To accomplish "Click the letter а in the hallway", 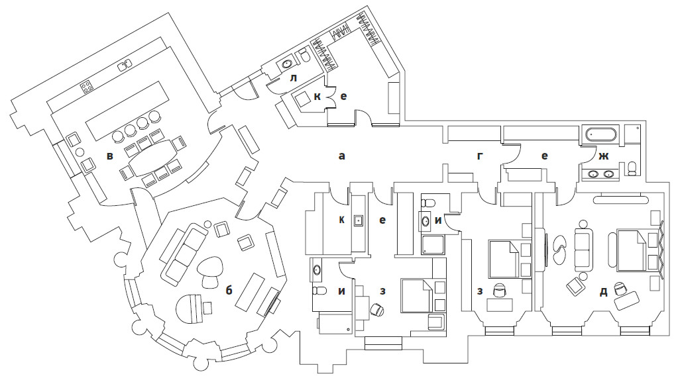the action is (342, 156).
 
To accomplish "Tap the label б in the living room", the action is (229, 290).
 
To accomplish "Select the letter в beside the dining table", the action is (110, 156).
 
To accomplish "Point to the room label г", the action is (480, 156).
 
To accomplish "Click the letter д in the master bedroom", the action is (603, 292).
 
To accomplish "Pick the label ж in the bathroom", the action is (604, 156).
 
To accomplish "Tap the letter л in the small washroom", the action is (294, 78).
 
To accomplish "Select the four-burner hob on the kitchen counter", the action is (87, 87).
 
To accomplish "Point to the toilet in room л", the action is (304, 57).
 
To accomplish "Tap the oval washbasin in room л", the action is (287, 65).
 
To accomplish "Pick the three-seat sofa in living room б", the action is (184, 254).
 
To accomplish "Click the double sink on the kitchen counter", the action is (125, 65).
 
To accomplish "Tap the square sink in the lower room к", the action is (359, 220).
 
